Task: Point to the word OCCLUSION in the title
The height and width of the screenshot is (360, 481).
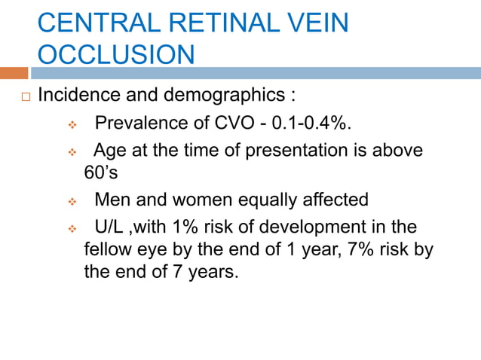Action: click(115, 55)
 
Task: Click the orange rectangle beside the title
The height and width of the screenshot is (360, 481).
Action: click(14, 73)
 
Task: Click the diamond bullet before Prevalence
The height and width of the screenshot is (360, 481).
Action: click(73, 124)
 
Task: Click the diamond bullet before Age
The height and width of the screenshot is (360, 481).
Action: click(73, 152)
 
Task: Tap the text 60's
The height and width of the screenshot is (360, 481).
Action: click(101, 172)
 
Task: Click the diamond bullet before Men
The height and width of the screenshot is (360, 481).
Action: click(73, 202)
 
